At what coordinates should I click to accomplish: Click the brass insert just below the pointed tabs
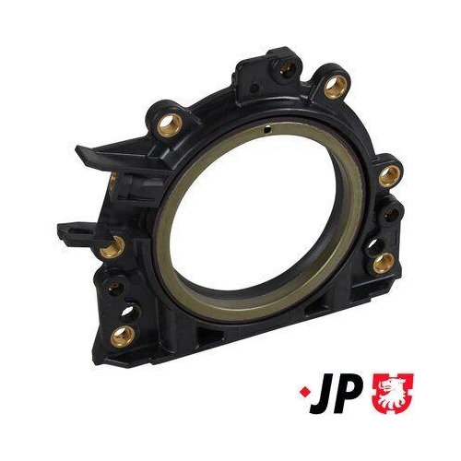tap(114, 245)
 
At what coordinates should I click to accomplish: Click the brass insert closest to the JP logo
tap(383, 263)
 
